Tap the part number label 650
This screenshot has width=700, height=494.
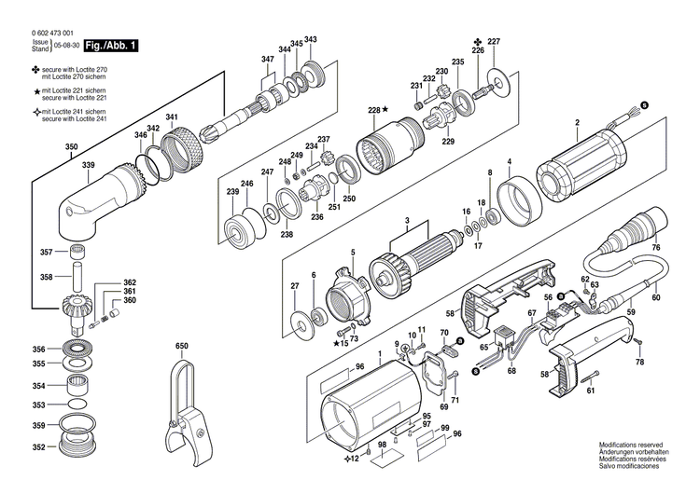tap(182, 347)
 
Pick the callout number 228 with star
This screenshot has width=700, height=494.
tap(377, 111)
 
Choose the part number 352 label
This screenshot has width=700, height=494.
tap(38, 447)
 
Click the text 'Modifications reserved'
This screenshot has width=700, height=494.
tap(630, 446)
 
